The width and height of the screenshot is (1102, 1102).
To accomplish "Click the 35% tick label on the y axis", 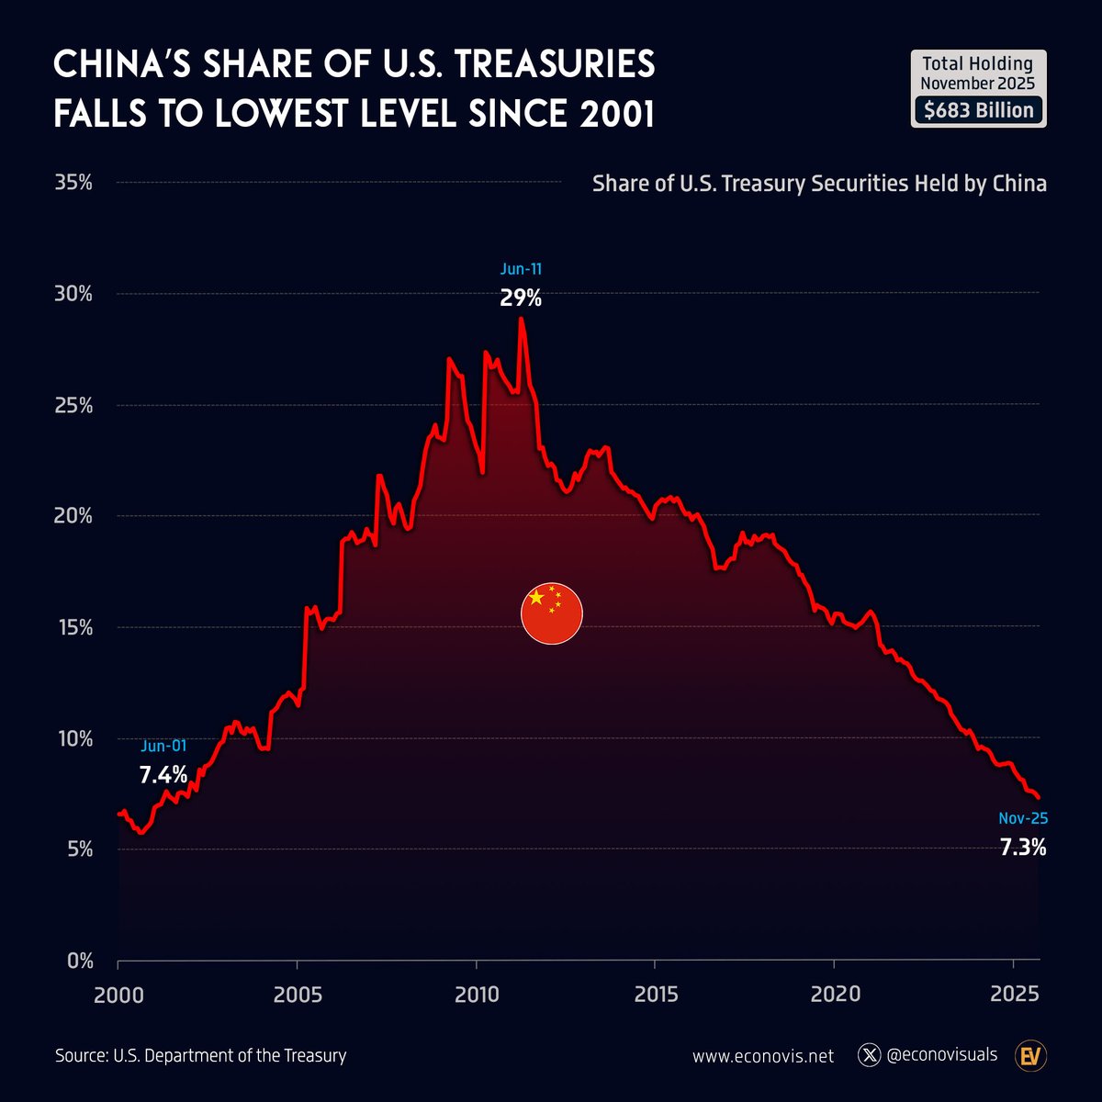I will tap(73, 182).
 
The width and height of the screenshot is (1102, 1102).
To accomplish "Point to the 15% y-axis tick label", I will tap(73, 627).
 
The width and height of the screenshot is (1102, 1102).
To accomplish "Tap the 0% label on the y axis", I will tap(79, 961).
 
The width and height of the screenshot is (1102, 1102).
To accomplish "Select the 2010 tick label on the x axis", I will tap(476, 994).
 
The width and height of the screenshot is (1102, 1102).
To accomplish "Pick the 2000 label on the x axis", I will tap(118, 994).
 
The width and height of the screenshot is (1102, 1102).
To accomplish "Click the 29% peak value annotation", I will tap(521, 298).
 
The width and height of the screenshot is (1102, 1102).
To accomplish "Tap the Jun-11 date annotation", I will tap(521, 269).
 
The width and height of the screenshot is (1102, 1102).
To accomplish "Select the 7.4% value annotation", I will tap(163, 774).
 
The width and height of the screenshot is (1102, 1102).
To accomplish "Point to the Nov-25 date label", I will tap(1023, 818).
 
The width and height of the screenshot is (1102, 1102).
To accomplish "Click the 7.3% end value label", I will tap(1023, 847).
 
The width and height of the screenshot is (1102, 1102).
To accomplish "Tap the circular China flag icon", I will tap(553, 613).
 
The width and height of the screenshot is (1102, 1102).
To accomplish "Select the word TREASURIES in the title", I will tap(550, 65).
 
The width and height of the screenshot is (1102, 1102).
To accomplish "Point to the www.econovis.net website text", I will tap(763, 1056).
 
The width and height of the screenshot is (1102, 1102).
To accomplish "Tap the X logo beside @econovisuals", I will tap(869, 1055).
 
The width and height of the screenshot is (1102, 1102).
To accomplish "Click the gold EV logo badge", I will tap(1030, 1056).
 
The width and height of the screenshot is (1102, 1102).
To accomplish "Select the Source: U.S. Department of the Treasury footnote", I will tap(200, 1055).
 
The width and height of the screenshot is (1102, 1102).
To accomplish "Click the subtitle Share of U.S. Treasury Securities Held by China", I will tap(819, 184).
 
